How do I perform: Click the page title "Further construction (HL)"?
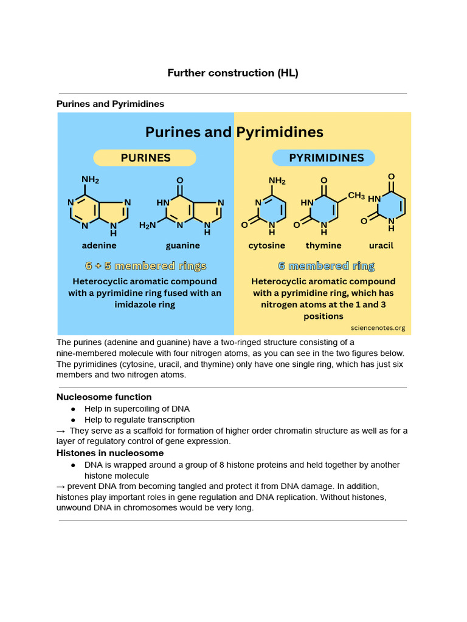pos(233,73)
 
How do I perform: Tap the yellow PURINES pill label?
pos(145,158)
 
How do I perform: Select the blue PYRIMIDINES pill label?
pos(323,158)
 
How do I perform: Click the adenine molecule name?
pos(99,245)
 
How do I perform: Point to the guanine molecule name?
pos(182,246)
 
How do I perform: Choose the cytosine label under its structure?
pos(266,246)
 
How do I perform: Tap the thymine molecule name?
pos(323,246)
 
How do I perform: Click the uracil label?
pos(381,245)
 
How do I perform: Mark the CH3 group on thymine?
pos(356,195)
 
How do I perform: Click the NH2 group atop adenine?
pos(90,180)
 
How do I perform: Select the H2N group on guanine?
pos(147,225)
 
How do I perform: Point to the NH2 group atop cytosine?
pos(277,181)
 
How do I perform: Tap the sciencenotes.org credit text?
pos(378,328)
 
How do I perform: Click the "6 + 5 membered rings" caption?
pos(146,266)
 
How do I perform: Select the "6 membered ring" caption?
pos(326,266)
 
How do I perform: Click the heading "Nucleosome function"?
pos(104,397)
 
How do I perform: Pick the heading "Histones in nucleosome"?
pos(110,453)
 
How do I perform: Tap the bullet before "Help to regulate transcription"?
pos(73,420)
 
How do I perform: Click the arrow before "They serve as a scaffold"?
pos(61,431)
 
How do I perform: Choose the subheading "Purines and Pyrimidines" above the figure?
pos(111,104)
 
